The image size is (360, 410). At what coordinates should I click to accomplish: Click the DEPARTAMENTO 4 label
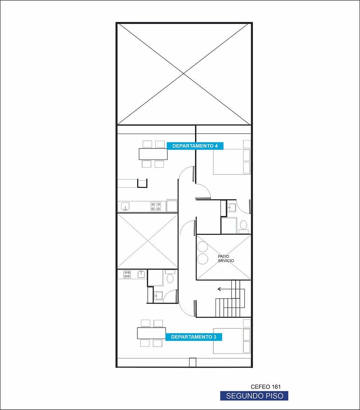[x=195, y=146]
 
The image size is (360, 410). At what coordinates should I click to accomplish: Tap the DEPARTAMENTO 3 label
[x=194, y=337]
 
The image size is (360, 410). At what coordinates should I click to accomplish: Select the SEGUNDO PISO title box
[x=254, y=396]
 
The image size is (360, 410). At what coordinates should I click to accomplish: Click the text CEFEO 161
[x=266, y=387]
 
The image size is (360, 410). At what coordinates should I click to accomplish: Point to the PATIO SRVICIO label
[x=226, y=259]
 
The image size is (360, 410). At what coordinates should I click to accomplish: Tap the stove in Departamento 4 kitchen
[x=156, y=206]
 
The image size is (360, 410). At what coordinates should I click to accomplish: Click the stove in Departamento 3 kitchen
[x=127, y=274]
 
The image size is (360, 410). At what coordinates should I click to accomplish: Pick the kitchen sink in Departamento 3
[x=141, y=274]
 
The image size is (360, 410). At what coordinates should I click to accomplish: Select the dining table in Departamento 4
[x=153, y=154]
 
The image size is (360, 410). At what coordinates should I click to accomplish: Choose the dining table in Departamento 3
[x=151, y=333]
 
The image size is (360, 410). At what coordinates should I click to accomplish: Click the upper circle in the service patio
[x=203, y=246]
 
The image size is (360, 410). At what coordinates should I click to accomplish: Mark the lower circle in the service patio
[x=203, y=259]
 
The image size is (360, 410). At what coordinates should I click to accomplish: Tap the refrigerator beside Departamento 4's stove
[x=172, y=206]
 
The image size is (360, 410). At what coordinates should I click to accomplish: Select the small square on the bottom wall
[x=193, y=362]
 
